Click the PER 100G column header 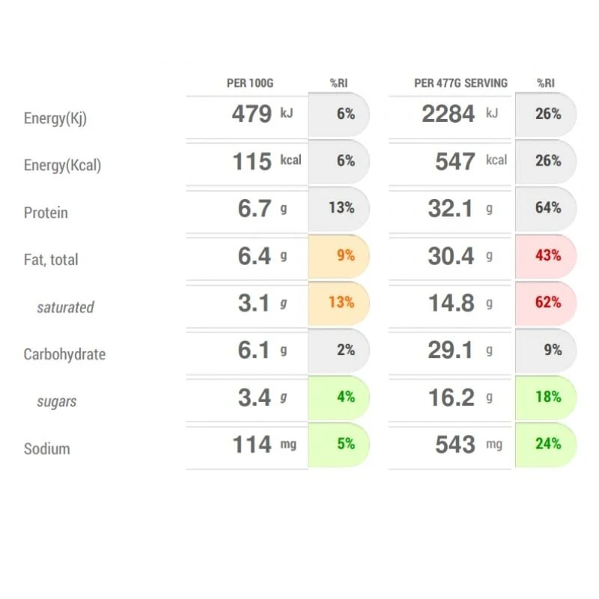pos(250,83)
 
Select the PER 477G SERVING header pos(460,83)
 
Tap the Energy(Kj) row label pos(55,118)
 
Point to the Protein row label pos(46,213)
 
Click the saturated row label pos(65,307)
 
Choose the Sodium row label pos(46,449)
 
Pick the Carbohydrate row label pos(64,354)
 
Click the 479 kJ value pos(263,114)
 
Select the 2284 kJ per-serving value pos(460,114)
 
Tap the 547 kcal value pos(471,161)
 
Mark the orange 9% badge pos(338,255)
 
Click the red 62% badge pos(546,302)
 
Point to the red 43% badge pos(546,255)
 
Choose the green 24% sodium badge pos(546,444)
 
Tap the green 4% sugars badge pos(338,398)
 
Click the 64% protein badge pos(546,208)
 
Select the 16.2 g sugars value pos(460,398)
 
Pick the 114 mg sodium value pos(264,444)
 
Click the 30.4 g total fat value pos(460,255)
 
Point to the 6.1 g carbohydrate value pos(263,350)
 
